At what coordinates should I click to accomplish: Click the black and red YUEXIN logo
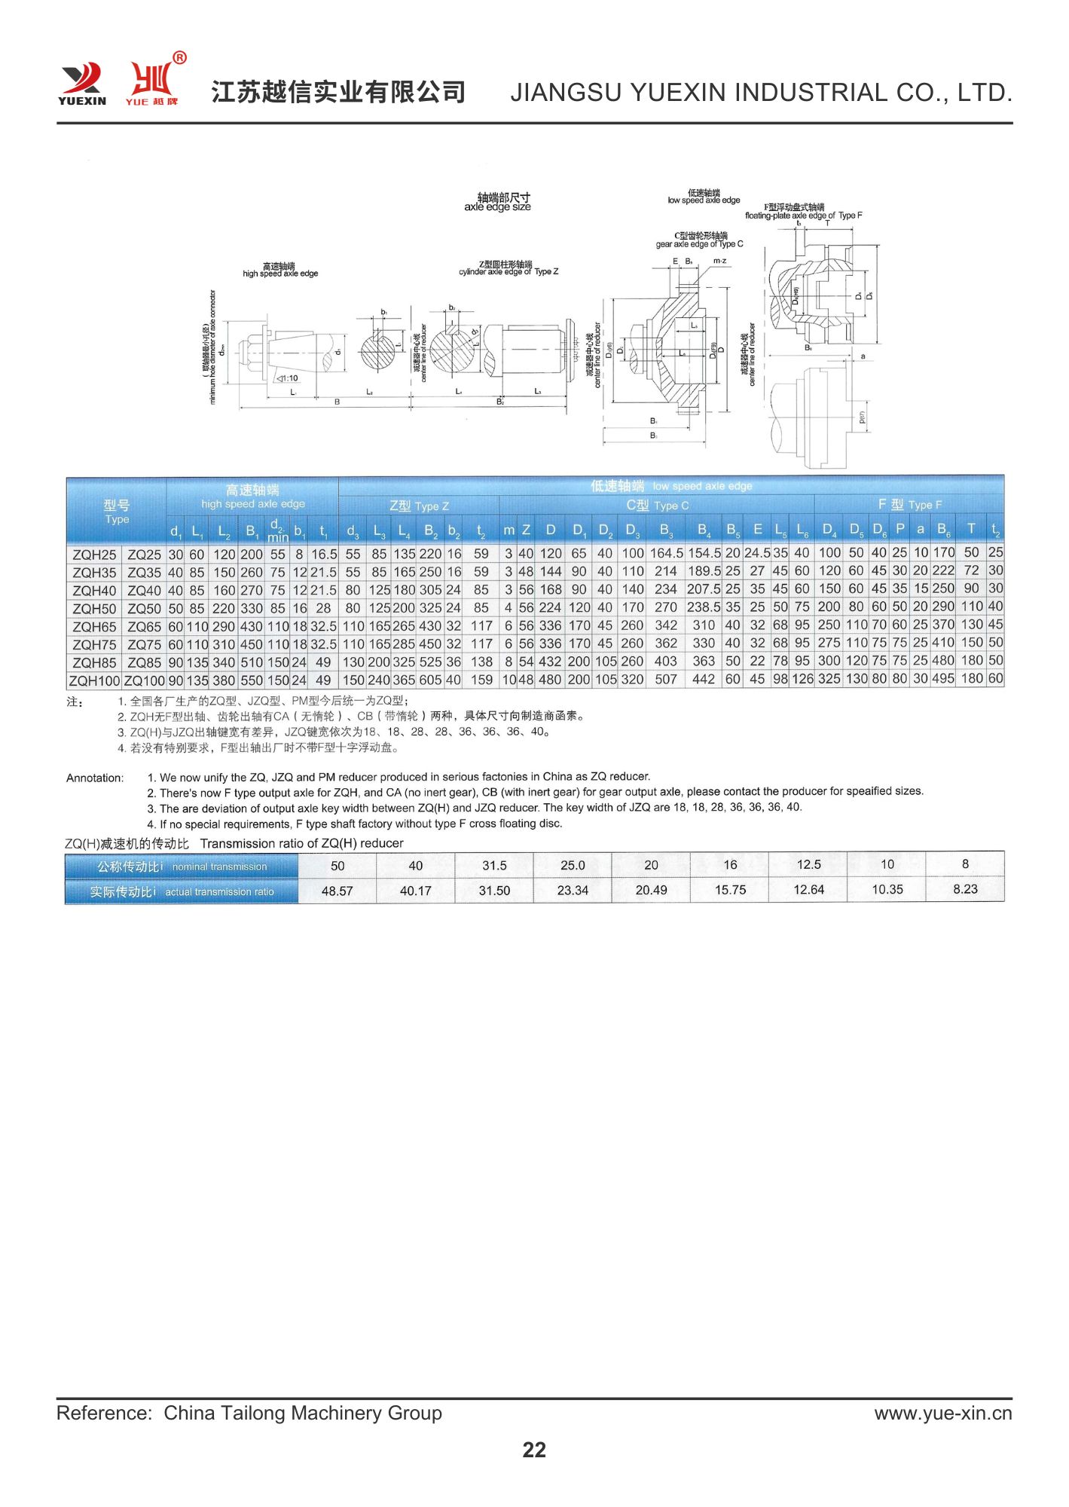pos(81,83)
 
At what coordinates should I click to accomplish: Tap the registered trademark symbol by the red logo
pos(179,58)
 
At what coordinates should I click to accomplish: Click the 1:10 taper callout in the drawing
pos(287,378)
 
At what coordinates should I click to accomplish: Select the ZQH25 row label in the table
pos(94,555)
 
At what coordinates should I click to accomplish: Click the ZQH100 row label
pos(94,680)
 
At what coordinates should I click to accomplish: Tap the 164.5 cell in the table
pos(666,553)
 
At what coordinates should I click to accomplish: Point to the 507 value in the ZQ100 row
pos(666,679)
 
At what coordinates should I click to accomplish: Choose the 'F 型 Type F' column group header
pos(909,505)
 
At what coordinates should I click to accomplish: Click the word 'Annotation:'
pos(95,778)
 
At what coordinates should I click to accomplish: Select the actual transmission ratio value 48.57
pos(337,891)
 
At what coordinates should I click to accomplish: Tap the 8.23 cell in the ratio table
pos(965,889)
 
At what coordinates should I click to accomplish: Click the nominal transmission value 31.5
pos(494,865)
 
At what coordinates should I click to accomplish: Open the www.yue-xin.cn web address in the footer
pos(943,1413)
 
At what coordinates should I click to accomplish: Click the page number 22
pos(534,1449)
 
